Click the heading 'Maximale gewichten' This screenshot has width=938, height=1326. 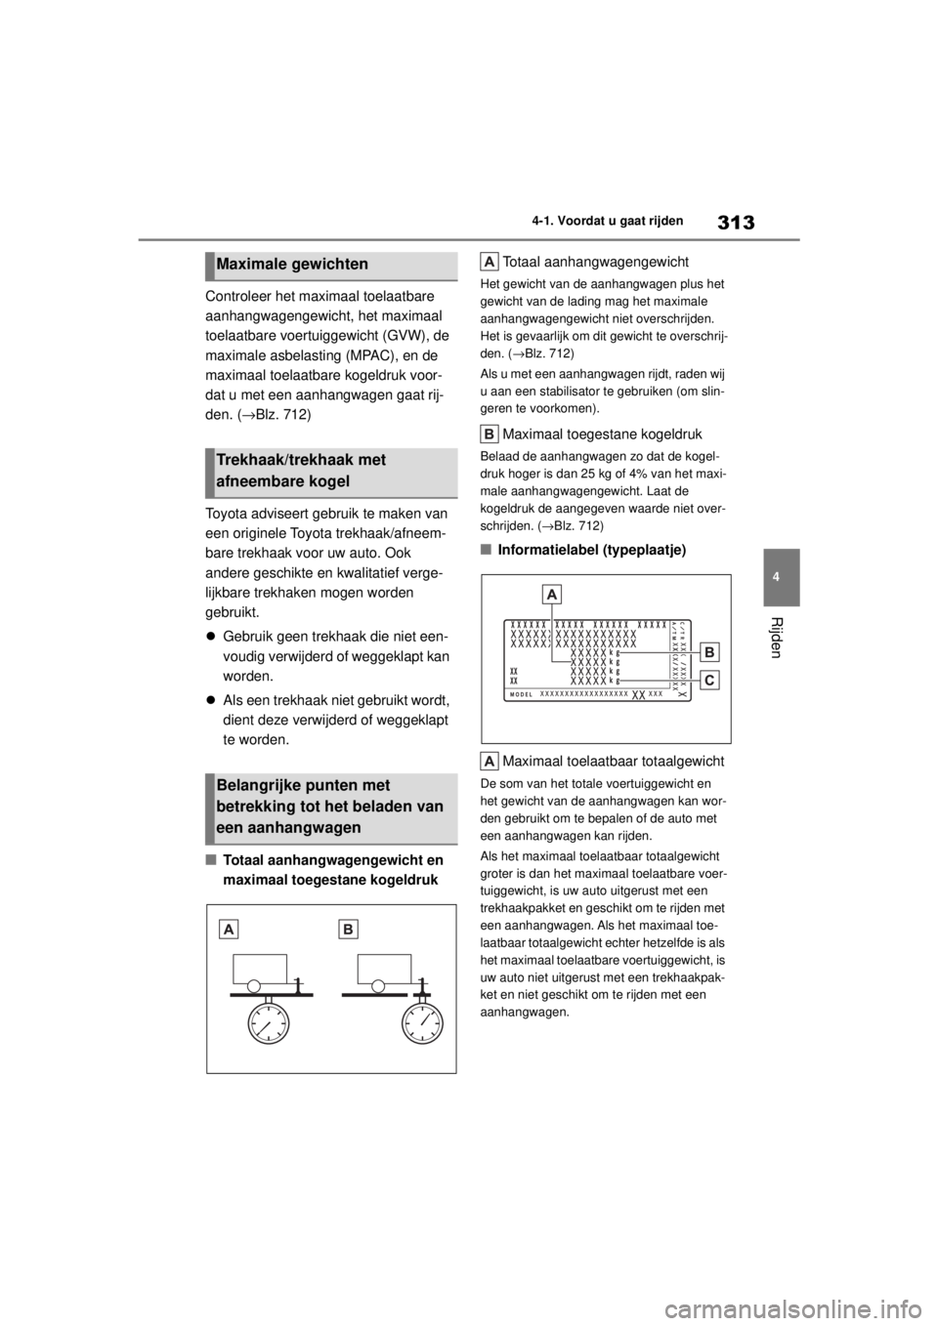pos(293,265)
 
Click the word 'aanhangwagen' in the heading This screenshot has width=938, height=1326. pos(298,828)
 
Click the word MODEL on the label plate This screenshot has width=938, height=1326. pos(523,693)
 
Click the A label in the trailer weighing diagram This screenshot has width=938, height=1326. pos(229,930)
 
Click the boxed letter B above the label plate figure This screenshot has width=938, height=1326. pos(490,432)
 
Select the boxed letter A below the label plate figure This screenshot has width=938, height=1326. pos(490,761)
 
